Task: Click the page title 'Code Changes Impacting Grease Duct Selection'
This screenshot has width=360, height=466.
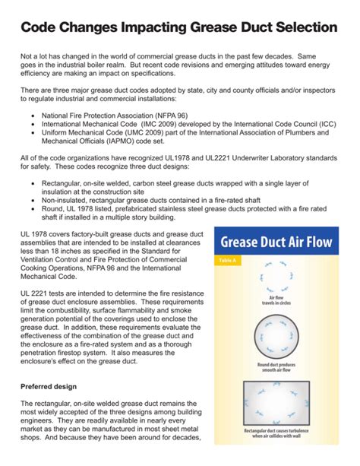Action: coord(179,27)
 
